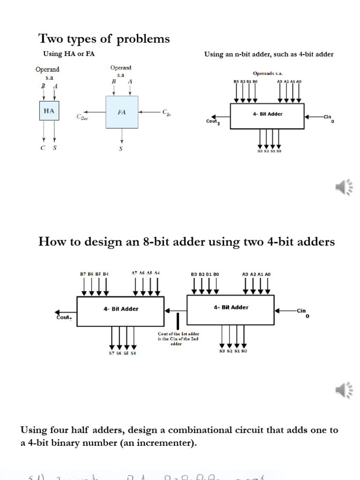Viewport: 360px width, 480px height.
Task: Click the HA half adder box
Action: point(49,111)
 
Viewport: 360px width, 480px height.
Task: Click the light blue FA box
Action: point(122,112)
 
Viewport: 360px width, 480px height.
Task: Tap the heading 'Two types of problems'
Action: point(104,38)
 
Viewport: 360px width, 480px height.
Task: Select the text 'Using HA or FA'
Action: point(69,54)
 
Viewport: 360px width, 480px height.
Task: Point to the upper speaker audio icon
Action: point(344,187)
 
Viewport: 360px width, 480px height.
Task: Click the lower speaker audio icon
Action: point(344,389)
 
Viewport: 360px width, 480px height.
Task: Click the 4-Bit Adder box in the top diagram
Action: point(267,115)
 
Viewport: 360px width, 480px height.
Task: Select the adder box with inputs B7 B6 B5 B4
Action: point(120,311)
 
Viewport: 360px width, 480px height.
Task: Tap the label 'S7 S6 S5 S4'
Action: point(122,353)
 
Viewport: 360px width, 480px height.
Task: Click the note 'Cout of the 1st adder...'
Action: point(179,339)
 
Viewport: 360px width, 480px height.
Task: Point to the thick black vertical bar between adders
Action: point(178,322)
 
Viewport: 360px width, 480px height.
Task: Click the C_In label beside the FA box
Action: point(166,112)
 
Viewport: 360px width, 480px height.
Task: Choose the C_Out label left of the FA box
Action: point(82,117)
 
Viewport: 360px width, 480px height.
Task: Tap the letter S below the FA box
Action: point(121,149)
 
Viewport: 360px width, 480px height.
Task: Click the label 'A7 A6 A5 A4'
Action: point(146,273)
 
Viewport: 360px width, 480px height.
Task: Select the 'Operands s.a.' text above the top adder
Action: point(268,74)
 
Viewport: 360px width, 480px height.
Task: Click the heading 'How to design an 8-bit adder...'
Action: point(187,241)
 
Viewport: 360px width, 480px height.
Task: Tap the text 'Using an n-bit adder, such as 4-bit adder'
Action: point(269,54)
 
